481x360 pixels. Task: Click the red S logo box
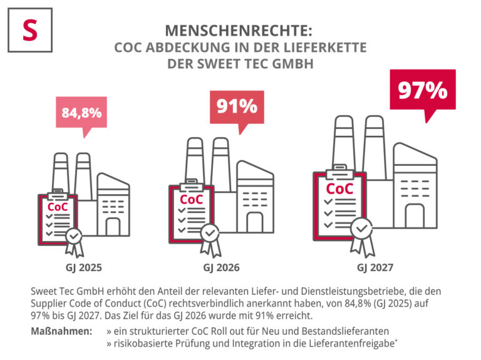point(29,30)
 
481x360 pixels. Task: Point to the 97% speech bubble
point(423,90)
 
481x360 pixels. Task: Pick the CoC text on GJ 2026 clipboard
point(191,199)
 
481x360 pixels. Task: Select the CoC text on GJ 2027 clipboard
point(340,188)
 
